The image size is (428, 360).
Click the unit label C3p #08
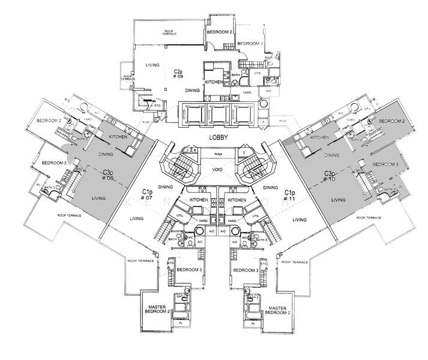point(108,175)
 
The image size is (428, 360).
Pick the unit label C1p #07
point(147,193)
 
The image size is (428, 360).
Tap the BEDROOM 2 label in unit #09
point(219,32)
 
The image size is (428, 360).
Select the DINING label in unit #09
point(192,90)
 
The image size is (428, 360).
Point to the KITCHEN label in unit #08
point(118,137)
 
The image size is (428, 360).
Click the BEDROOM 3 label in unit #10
point(385,164)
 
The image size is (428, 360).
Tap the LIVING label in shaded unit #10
point(339,200)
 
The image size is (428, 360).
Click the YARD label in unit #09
point(246,93)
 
